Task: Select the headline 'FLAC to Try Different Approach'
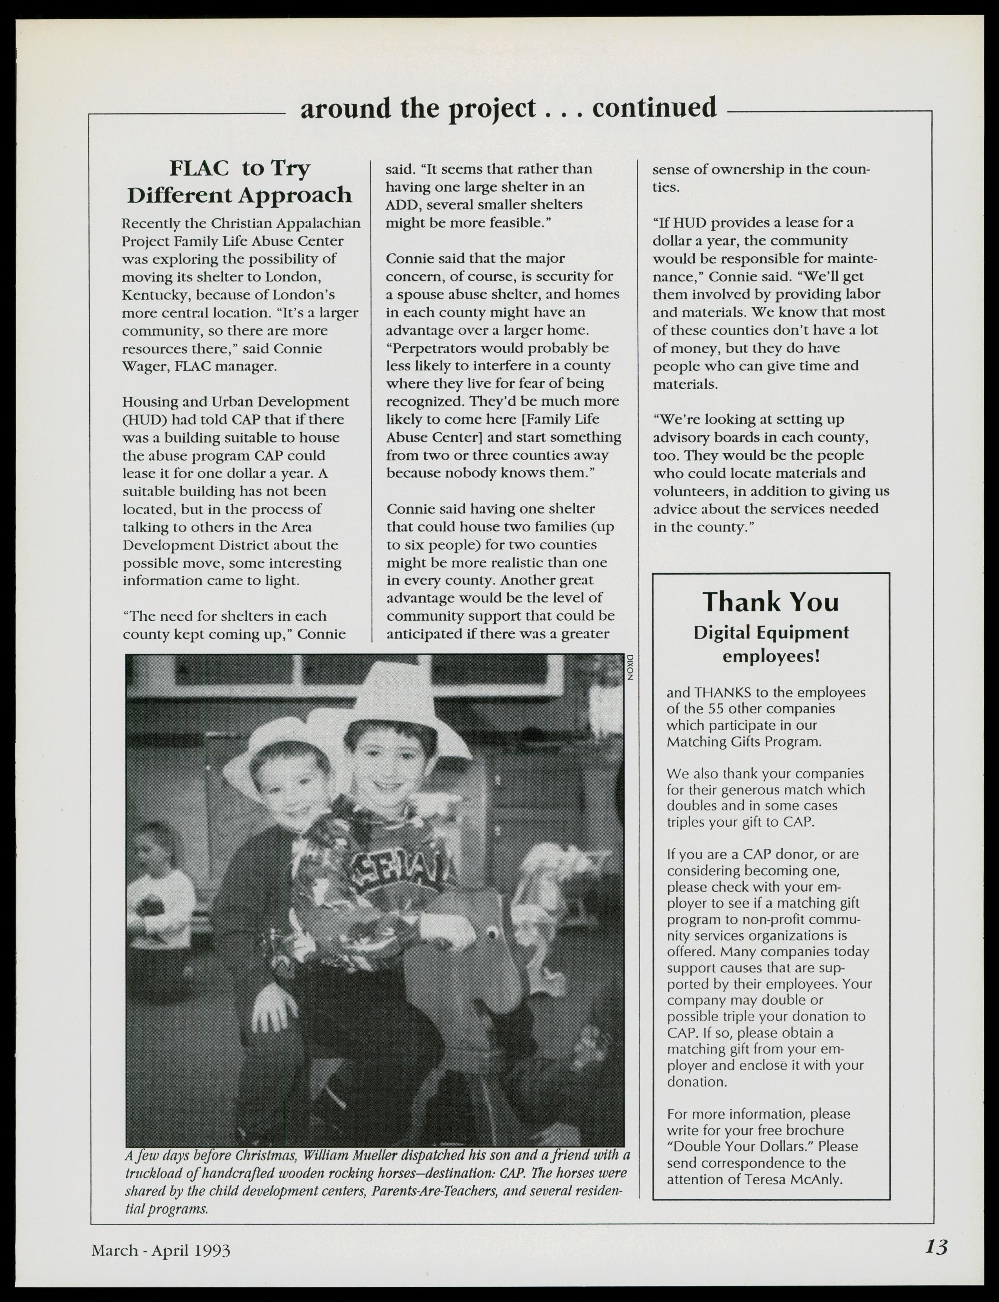click(240, 181)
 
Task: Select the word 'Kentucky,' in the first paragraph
click(156, 295)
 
